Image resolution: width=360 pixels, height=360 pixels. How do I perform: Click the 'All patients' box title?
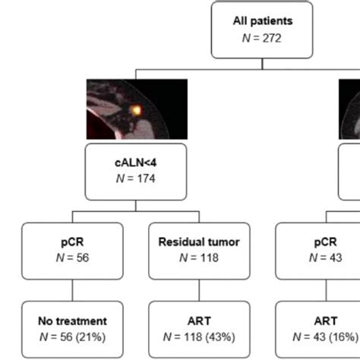261,21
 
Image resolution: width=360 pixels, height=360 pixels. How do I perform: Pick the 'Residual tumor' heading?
198,242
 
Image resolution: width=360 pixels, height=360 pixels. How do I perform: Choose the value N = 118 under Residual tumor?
198,257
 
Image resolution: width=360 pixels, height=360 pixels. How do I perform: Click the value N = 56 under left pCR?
72,257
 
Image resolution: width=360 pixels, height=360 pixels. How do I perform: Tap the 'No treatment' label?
72,322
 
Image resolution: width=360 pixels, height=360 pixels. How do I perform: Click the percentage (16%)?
346,336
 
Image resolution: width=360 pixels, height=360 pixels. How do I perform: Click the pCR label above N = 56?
72,242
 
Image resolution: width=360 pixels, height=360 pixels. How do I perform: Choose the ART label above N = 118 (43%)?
198,322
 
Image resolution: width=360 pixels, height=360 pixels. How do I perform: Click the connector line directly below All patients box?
261,64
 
